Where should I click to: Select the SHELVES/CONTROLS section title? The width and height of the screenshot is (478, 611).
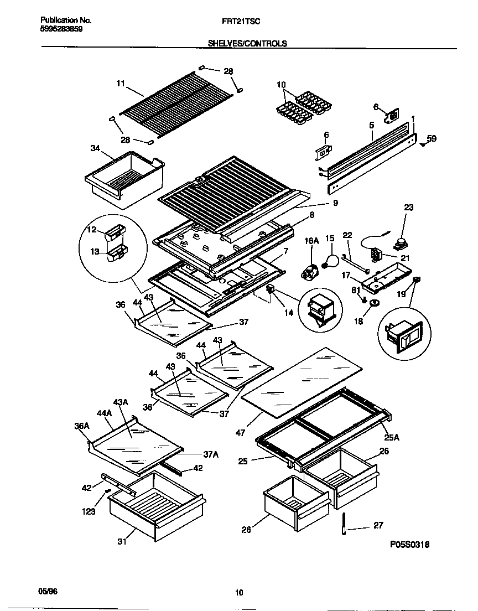[x=247, y=43]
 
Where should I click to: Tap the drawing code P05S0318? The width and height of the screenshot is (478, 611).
[x=409, y=545]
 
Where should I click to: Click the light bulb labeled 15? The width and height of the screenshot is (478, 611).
[x=331, y=262]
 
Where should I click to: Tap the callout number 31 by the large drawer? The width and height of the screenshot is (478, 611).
[x=122, y=541]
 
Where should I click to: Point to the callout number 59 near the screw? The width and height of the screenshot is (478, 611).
[x=432, y=139]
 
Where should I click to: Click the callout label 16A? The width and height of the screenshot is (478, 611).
[x=312, y=241]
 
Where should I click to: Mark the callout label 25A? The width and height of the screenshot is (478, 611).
[x=392, y=438]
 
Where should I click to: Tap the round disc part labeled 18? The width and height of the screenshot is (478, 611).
[x=374, y=303]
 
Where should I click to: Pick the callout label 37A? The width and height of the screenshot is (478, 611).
[x=211, y=454]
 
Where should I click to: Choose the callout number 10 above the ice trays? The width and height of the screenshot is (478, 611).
[x=281, y=85]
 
